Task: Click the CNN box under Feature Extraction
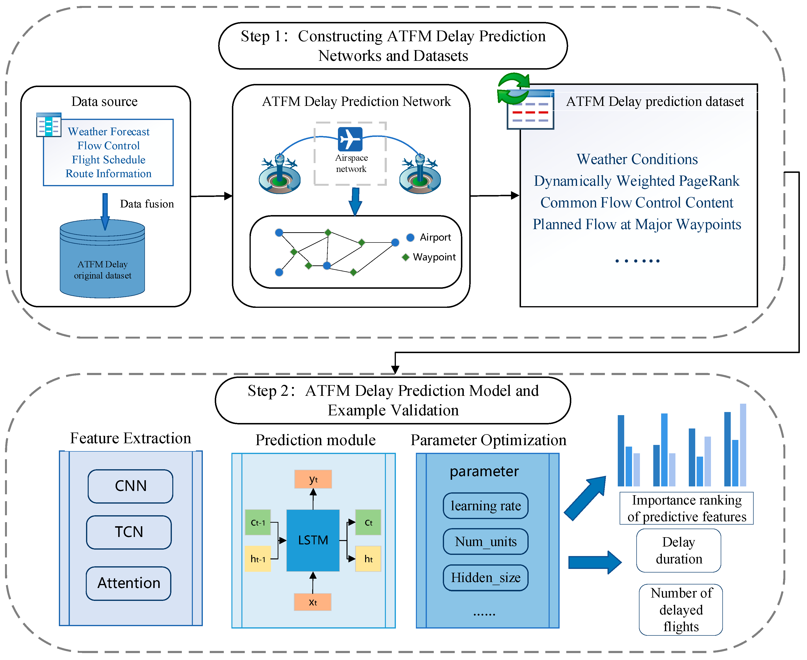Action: coord(130,486)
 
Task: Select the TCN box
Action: coord(129,532)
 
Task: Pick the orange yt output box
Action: coord(313,479)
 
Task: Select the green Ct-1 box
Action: coord(258,522)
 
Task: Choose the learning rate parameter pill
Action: coord(485,506)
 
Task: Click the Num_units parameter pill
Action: coord(485,542)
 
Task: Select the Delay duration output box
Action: coord(679,551)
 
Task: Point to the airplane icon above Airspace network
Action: coord(350,139)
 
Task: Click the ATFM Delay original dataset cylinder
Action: coord(102,262)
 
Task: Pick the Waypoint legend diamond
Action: coord(405,257)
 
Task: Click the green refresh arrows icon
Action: coord(513,89)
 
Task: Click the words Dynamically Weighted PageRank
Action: coord(637,181)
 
